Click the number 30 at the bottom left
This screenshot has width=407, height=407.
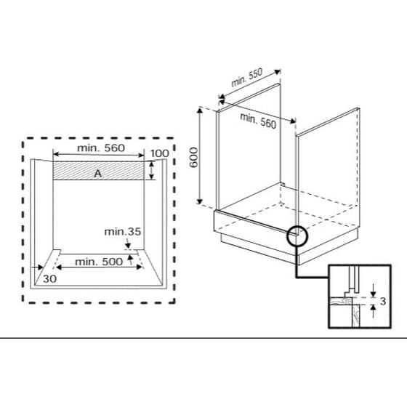(49, 278)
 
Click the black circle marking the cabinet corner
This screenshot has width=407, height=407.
(298, 236)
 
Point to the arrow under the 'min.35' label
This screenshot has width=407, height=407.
(128, 246)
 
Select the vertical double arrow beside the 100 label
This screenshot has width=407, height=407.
(150, 172)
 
